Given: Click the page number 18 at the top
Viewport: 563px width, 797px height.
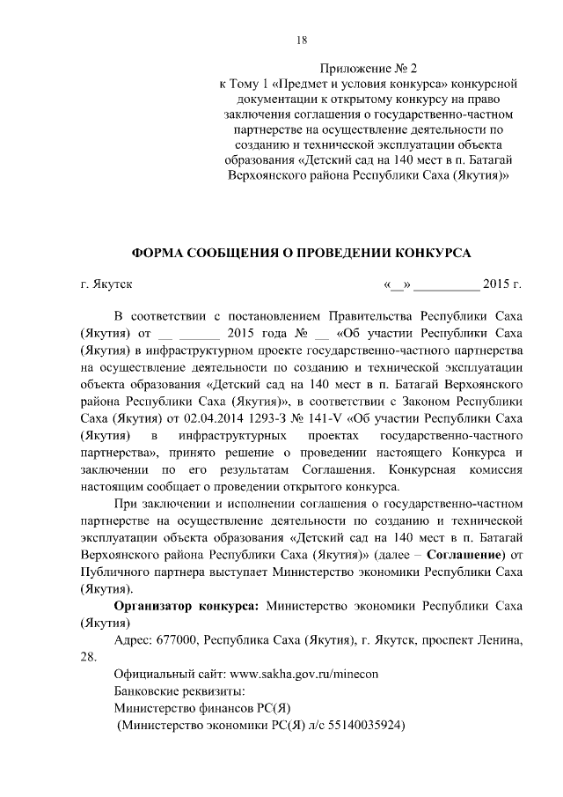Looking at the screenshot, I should (x=301, y=40).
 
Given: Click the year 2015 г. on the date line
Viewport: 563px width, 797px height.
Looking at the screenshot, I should (x=502, y=284).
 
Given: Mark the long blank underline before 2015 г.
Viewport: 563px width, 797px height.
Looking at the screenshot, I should (x=446, y=285).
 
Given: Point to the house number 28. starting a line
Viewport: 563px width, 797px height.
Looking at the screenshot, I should (x=89, y=656).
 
